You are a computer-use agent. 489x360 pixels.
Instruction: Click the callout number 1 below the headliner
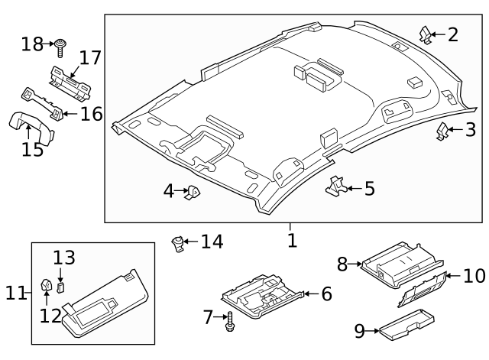click(x=291, y=240)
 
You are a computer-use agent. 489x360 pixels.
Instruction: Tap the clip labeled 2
click(x=426, y=35)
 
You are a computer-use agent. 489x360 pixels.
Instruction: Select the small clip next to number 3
click(x=443, y=131)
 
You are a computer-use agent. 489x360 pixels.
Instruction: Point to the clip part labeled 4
click(x=193, y=193)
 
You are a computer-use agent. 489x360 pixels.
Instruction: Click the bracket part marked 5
click(x=335, y=185)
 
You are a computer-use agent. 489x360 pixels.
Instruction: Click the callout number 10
click(x=474, y=274)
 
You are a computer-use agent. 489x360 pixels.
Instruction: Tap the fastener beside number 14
click(x=179, y=244)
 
